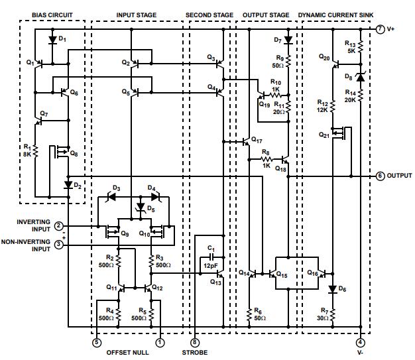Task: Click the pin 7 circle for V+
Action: (380, 30)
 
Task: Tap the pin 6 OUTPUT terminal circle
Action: (380, 176)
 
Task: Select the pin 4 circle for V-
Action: (360, 343)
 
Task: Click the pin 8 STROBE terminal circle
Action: (194, 343)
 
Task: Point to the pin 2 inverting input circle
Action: (59, 227)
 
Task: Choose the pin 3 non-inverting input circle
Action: (59, 245)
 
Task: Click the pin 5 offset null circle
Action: (97, 343)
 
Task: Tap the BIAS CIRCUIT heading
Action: (52, 15)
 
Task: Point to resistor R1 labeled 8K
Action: (36, 152)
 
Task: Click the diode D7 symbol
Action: (288, 40)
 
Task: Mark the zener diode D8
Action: (360, 78)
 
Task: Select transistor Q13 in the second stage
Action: (219, 273)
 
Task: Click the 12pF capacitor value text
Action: (211, 266)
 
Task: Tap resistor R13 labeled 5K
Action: (360, 50)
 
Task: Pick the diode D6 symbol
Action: (331, 289)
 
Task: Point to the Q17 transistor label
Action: (257, 141)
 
